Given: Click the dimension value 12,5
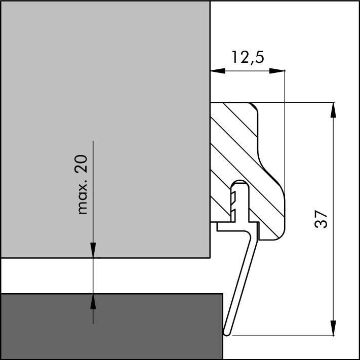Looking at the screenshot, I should pos(248,57).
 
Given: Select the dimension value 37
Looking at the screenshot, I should pos(322,219).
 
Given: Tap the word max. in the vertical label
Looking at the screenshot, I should pos(83,201).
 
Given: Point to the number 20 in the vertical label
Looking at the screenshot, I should pos(83,164).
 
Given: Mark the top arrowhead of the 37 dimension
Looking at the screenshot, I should pos(333,109).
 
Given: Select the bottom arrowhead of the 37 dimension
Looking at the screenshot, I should pos(333,329).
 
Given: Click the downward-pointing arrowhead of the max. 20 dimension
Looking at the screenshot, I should pos(93,251).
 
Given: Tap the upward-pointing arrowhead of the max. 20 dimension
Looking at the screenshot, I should pos(93,301).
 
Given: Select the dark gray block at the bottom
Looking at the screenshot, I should pos(111,327).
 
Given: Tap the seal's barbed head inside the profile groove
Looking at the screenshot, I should pos(238,195).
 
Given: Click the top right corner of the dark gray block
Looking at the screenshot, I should pos(222,294).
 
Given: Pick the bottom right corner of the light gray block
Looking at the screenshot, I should pos(209,257).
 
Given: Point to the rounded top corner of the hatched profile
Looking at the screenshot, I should pos(253,106).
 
